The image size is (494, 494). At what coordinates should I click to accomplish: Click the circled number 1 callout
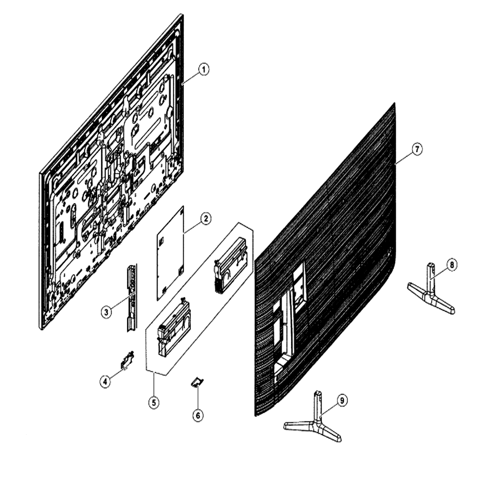click(x=204, y=69)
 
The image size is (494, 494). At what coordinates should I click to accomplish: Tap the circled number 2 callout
click(x=206, y=219)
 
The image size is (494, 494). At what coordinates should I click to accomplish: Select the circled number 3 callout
click(x=107, y=312)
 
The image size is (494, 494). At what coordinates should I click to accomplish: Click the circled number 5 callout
click(x=154, y=402)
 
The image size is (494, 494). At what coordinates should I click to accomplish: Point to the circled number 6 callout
click(x=198, y=415)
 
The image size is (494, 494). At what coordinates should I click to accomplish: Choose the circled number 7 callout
click(x=417, y=149)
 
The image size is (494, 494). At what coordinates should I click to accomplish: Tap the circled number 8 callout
click(x=452, y=265)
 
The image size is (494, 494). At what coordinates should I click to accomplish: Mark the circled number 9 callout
click(x=342, y=401)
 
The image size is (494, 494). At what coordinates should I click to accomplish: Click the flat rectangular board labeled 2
click(x=170, y=253)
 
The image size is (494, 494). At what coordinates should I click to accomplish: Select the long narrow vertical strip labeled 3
click(x=132, y=298)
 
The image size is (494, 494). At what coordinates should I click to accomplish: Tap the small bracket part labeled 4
click(x=127, y=360)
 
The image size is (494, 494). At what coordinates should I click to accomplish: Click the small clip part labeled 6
click(x=197, y=382)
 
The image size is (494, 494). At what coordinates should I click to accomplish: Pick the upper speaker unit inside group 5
click(x=231, y=265)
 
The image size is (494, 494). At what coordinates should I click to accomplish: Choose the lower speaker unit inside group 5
click(x=174, y=329)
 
